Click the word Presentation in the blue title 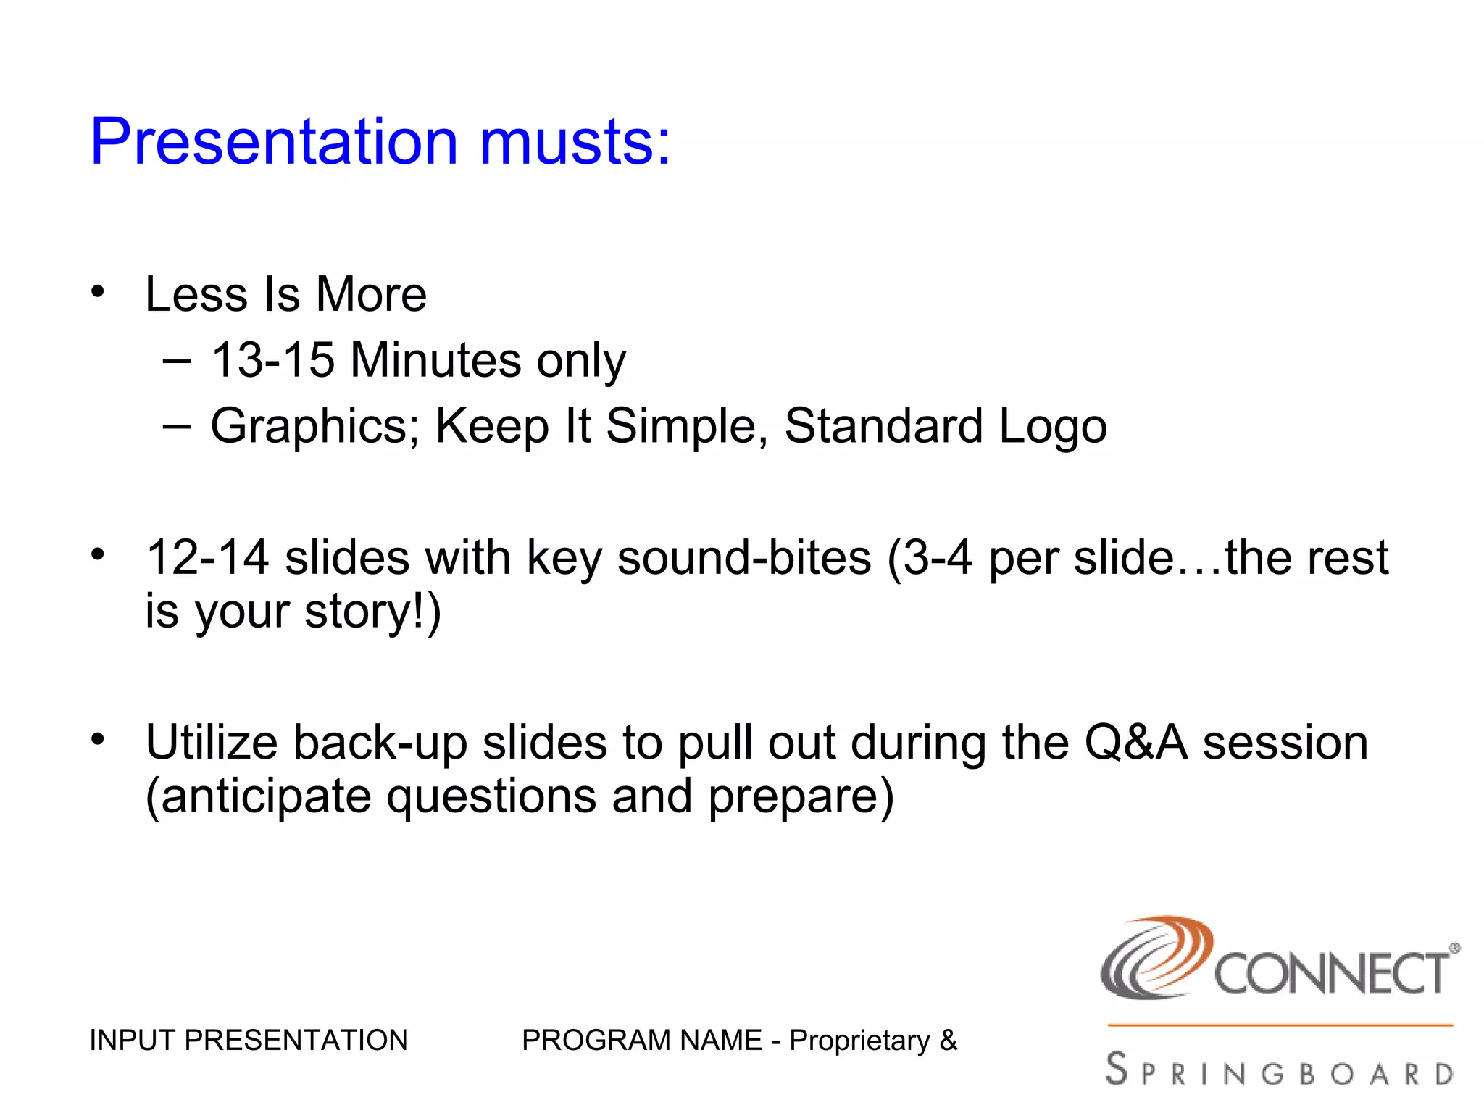tap(274, 141)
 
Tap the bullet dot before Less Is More tap(98, 292)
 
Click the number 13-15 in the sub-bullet tap(272, 360)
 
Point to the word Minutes tap(435, 360)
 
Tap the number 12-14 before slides tap(207, 558)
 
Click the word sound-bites tap(743, 558)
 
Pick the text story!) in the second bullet tap(372, 612)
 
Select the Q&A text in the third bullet tap(1135, 743)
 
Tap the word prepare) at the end tap(801, 796)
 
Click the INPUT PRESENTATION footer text tap(249, 1041)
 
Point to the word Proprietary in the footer tap(859, 1041)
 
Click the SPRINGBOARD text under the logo tap(1280, 1071)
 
